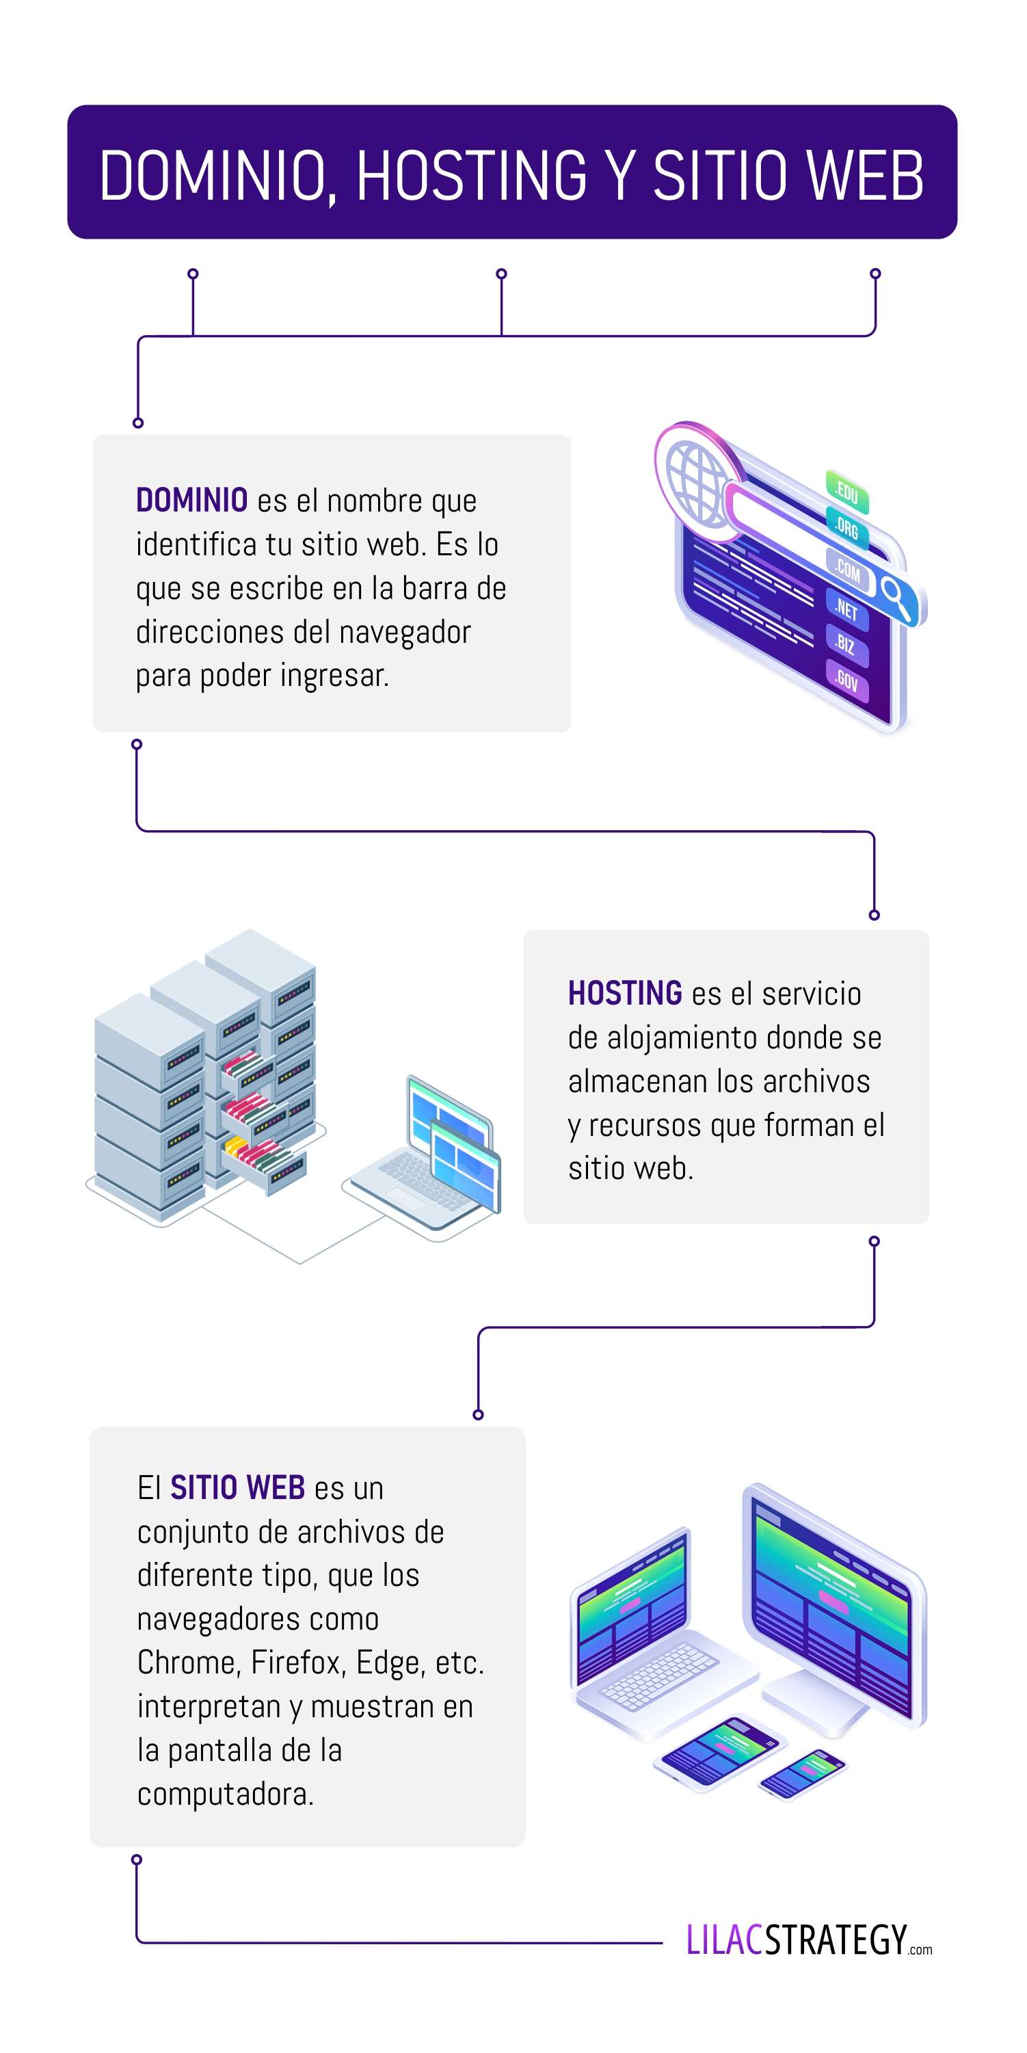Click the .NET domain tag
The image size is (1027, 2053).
coord(846,610)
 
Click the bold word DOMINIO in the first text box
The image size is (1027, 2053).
coord(192,501)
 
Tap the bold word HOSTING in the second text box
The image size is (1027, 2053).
coord(625,993)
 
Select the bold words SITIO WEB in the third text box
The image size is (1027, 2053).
coord(237,1487)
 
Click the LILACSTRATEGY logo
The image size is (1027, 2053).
coord(807,1940)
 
